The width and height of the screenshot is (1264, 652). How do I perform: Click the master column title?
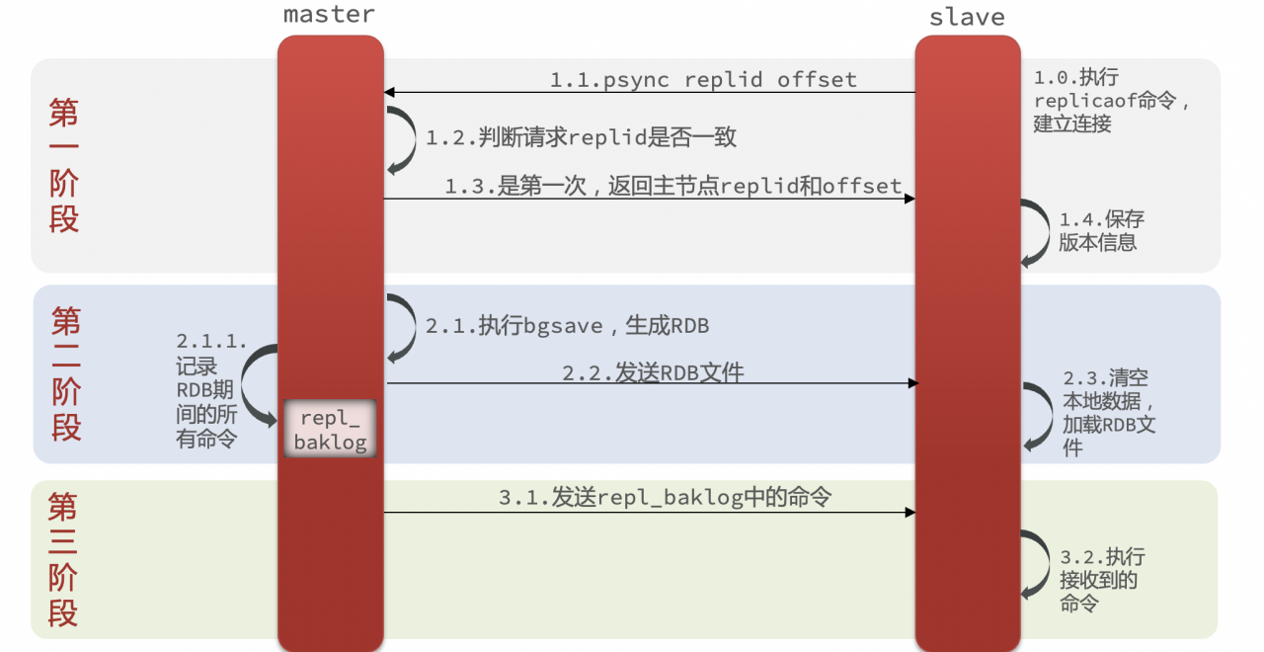tap(329, 15)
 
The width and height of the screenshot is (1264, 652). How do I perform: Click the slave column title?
tap(967, 18)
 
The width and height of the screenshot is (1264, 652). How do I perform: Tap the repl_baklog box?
tap(330, 429)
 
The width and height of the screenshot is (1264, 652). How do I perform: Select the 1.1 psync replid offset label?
tap(703, 80)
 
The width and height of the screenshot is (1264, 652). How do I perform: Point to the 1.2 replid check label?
tap(581, 137)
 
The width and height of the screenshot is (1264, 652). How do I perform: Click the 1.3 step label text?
tap(673, 186)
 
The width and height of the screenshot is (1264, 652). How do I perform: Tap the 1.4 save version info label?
tap(1101, 231)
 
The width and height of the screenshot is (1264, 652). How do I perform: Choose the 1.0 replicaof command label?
tap(1111, 100)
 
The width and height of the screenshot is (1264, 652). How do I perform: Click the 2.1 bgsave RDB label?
tap(567, 326)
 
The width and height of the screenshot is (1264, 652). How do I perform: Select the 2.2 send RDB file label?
tap(653, 372)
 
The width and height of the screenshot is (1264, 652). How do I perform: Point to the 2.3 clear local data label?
tap(1109, 413)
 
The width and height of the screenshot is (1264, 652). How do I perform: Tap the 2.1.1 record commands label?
tap(211, 390)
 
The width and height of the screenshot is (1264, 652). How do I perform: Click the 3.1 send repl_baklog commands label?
tap(665, 497)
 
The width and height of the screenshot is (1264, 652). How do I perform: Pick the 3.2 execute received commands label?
tap(1102, 580)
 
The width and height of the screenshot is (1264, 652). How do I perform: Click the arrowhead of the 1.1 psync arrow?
tap(389, 92)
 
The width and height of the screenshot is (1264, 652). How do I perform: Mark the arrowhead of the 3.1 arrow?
tap(909, 512)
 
